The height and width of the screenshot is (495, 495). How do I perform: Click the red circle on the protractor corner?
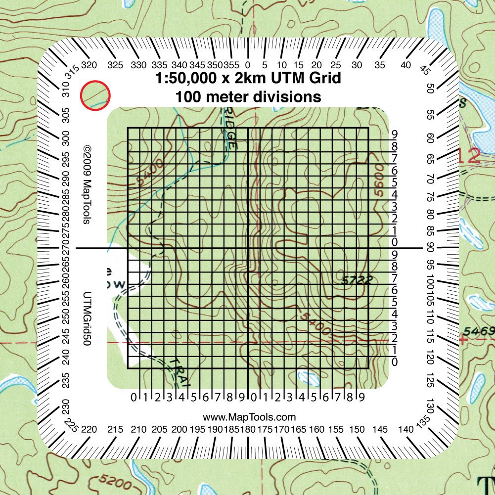(x=95, y=94)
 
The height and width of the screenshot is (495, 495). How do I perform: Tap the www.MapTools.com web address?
(x=249, y=417)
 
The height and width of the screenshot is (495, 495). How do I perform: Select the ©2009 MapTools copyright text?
(x=87, y=184)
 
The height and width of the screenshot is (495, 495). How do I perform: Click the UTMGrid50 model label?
(x=87, y=317)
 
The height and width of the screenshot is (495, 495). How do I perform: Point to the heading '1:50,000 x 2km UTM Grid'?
(x=248, y=79)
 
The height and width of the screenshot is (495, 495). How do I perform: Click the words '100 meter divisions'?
(x=248, y=97)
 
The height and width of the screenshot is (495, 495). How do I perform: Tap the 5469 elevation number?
(x=479, y=331)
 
